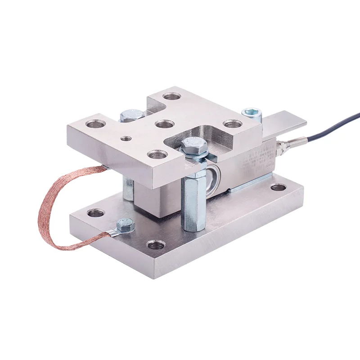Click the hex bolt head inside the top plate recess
click(x=194, y=146)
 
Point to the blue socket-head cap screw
click(x=252, y=113)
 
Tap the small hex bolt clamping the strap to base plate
click(x=125, y=224)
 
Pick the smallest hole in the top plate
click(x=127, y=138)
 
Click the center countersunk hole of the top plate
click(x=164, y=124)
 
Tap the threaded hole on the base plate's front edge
click(x=156, y=245)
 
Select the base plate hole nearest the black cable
click(x=278, y=186)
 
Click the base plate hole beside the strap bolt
click(x=95, y=212)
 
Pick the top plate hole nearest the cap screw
click(x=232, y=123)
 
